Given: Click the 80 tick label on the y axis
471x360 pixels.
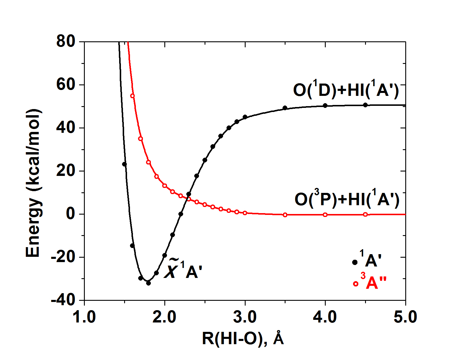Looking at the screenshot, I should click(66, 41).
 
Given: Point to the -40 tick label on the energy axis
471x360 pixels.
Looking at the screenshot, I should click(63, 300).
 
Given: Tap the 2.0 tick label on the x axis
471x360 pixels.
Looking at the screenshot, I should click(164, 317).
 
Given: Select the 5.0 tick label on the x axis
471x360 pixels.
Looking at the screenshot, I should click(405, 317).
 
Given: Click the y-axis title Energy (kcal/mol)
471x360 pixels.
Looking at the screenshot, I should click(33, 183).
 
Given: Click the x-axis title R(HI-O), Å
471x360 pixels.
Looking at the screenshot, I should click(243, 339).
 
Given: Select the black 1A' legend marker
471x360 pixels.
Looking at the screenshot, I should click(355, 262).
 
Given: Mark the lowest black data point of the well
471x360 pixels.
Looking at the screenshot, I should click(148, 283).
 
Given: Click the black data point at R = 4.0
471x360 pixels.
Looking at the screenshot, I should click(325, 106).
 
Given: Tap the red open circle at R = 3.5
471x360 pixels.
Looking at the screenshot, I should click(285, 215).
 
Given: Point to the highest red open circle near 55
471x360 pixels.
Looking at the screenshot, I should click(132, 96).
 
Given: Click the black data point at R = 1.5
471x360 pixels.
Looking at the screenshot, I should click(124, 164).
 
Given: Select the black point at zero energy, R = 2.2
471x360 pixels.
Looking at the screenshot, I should click(181, 214).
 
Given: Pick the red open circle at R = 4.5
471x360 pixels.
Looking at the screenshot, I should click(365, 215).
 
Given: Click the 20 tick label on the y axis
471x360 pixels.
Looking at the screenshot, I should click(66, 171).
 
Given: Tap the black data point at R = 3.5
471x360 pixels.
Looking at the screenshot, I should click(285, 108).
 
